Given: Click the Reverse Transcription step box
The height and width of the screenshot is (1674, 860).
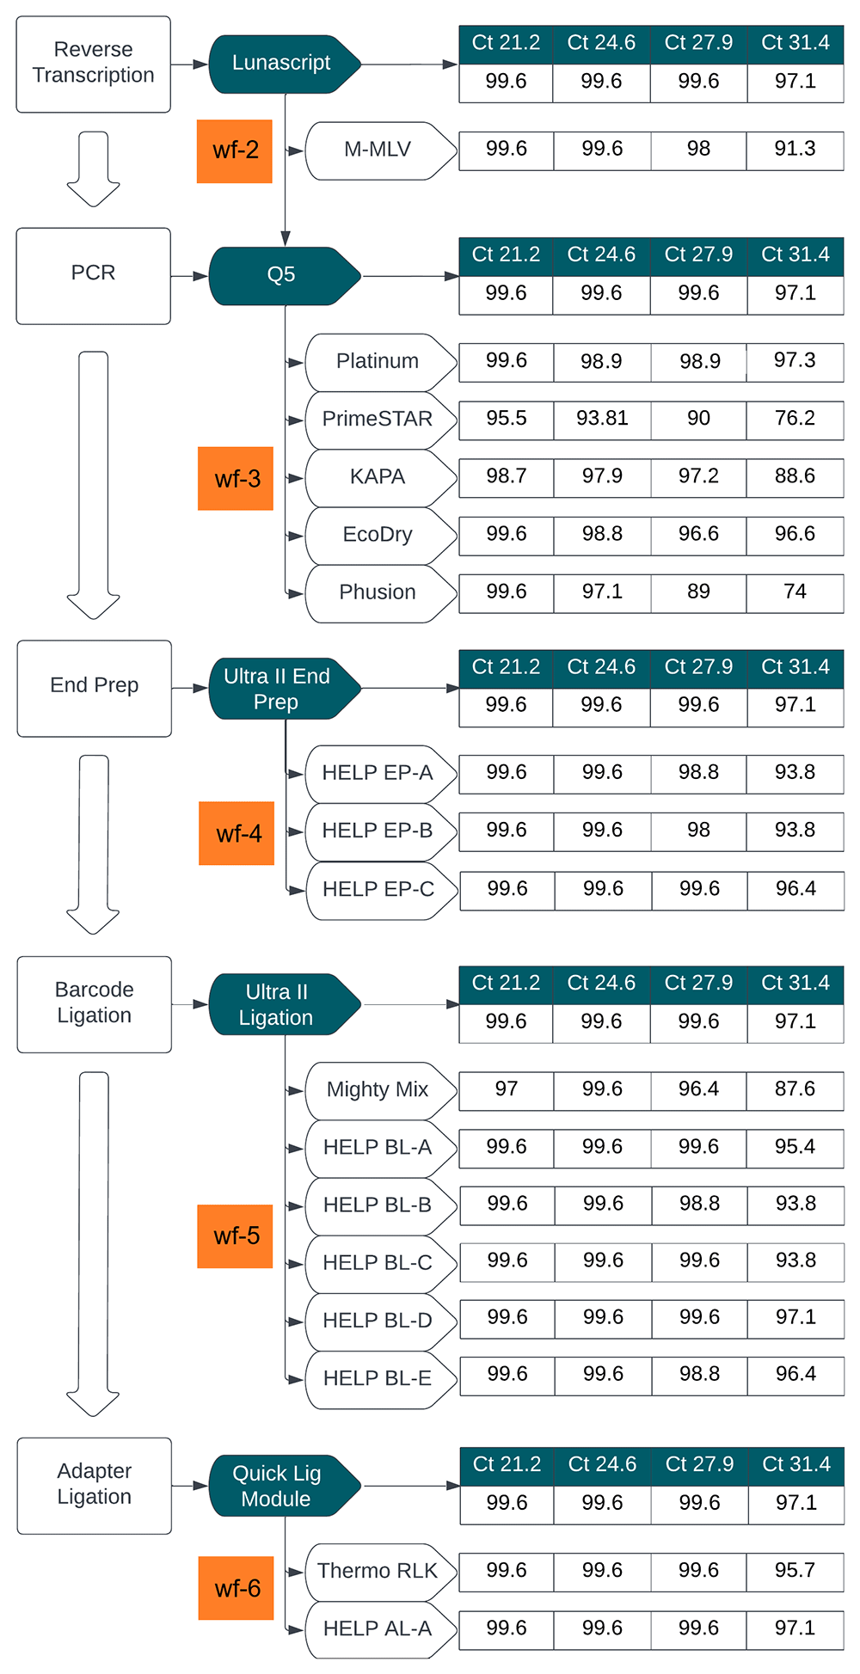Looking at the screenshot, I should [x=93, y=64].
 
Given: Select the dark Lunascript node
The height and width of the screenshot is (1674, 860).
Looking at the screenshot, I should [x=282, y=64].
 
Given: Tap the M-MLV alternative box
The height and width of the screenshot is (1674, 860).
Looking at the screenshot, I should [x=378, y=150].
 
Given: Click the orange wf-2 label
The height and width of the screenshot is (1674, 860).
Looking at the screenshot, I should [x=235, y=150].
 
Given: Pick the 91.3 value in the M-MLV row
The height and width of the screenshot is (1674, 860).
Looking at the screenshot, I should [x=795, y=150].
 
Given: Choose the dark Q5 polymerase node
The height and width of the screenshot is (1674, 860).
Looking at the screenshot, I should [x=282, y=275].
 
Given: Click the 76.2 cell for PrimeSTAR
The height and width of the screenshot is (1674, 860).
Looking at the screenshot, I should [x=795, y=419].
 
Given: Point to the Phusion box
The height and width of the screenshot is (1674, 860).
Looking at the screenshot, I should [x=378, y=592].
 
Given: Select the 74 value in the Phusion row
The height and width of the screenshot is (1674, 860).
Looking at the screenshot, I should [x=795, y=592].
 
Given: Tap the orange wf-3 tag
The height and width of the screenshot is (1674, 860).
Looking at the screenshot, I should [x=236, y=478].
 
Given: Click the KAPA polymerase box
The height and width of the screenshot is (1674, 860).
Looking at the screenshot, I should [x=378, y=477].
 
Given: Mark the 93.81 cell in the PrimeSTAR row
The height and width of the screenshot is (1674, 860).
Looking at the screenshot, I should [x=602, y=419].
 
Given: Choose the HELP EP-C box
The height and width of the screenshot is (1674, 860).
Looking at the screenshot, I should [x=378, y=889].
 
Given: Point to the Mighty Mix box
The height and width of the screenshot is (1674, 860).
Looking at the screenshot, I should [x=378, y=1089].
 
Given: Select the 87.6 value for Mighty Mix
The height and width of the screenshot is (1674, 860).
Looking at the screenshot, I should [x=795, y=1089].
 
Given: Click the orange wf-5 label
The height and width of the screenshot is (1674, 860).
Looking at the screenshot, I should [x=235, y=1236].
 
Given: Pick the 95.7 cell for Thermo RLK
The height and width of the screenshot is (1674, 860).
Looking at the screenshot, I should [x=795, y=1571].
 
